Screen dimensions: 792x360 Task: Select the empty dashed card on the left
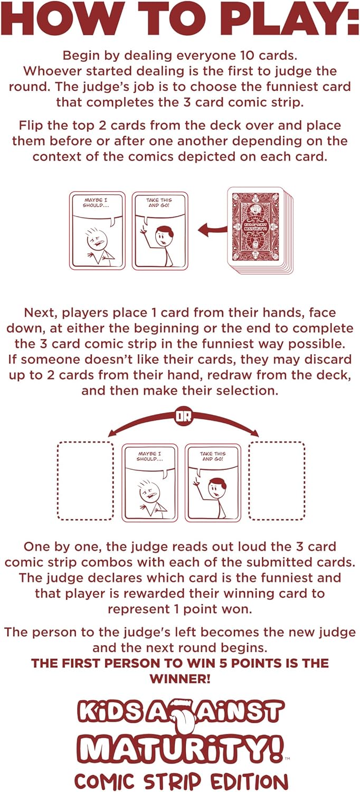[x=85, y=480]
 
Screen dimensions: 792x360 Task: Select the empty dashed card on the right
[x=277, y=480]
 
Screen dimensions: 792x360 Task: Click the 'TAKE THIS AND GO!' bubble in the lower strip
[x=213, y=456]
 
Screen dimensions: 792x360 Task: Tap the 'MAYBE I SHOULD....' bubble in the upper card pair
[x=97, y=203]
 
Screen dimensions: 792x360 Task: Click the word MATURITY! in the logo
[x=180, y=749]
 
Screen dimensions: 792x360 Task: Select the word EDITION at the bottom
[x=240, y=780]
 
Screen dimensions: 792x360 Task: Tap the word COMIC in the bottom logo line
[x=105, y=780]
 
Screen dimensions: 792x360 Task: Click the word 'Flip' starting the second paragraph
[x=31, y=126]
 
